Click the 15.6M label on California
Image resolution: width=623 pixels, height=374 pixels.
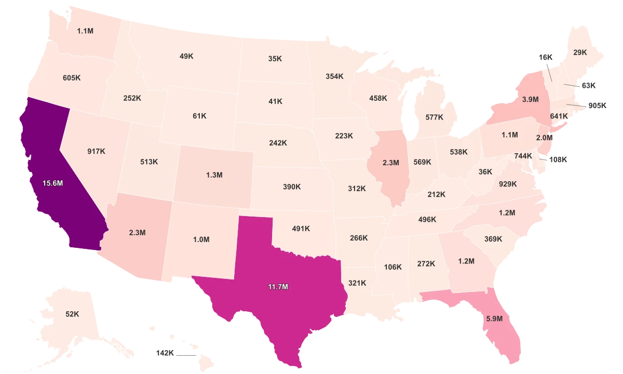pos(52,183)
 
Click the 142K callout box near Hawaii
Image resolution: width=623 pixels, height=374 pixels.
pos(165,353)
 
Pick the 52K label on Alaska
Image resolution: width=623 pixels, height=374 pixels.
pos(72,314)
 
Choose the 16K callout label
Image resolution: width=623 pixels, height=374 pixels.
pos(546,57)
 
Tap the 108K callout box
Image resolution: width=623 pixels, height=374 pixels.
pos(558,159)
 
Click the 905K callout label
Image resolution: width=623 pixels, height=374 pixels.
pos(597,105)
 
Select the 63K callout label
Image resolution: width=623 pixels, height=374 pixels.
pos(589,85)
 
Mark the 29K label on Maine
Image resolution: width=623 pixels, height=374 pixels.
pos(580,52)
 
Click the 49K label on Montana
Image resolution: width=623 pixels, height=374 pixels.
pos(187,56)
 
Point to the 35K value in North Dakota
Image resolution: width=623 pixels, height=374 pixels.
pos(275,59)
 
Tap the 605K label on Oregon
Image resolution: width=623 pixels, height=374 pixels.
pos(72,77)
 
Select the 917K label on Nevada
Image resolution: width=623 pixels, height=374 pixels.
pos(96,151)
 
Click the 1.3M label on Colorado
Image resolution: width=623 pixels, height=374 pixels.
pos(213,175)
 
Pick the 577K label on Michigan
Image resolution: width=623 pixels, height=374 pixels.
pos(434,117)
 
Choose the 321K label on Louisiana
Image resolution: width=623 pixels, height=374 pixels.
pos(357,283)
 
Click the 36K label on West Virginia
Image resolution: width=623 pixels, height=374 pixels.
pos(485,171)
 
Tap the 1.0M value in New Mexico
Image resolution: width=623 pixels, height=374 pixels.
pos(201,239)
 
